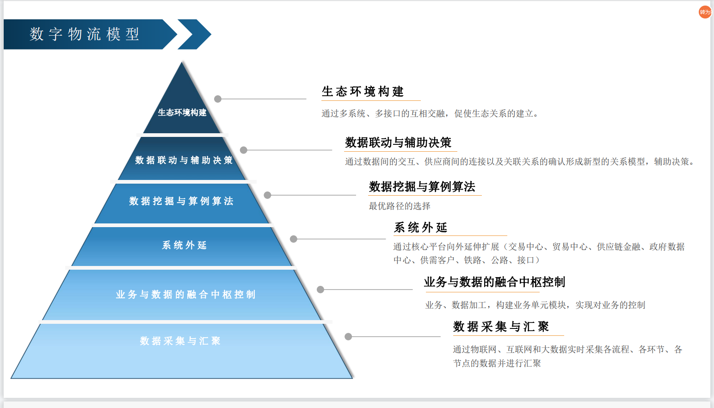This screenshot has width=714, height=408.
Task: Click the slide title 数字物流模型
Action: pyautogui.click(x=85, y=34)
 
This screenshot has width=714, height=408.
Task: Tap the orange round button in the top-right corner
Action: pyautogui.click(x=705, y=12)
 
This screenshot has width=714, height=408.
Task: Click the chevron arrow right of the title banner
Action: pyautogui.click(x=195, y=34)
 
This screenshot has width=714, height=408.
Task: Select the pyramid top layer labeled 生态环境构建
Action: pyautogui.click(x=182, y=112)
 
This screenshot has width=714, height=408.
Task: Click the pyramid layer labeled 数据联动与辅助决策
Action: pyautogui.click(x=184, y=160)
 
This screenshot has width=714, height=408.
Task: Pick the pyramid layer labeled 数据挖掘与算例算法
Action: pyautogui.click(x=181, y=201)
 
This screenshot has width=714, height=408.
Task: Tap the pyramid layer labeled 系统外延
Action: pyautogui.click(x=184, y=245)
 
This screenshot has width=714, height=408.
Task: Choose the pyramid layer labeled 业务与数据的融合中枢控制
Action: pyautogui.click(x=185, y=295)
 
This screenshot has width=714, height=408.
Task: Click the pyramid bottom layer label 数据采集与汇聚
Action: pyautogui.click(x=180, y=341)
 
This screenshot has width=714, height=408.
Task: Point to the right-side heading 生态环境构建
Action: pyautogui.click(x=363, y=92)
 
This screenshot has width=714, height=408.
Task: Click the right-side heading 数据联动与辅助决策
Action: pyautogui.click(x=398, y=142)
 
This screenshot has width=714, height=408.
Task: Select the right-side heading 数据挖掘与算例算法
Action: pyautogui.click(x=422, y=186)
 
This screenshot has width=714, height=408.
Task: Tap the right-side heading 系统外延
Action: pyautogui.click(x=421, y=228)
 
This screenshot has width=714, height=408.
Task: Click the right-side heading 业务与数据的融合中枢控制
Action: pyautogui.click(x=494, y=282)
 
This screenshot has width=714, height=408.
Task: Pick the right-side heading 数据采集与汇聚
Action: pyautogui.click(x=501, y=327)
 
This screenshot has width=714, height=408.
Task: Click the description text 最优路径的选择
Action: pyautogui.click(x=400, y=206)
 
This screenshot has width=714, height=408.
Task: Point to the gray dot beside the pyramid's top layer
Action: pyautogui.click(x=218, y=99)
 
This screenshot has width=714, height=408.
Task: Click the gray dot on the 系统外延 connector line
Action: pyautogui.click(x=293, y=239)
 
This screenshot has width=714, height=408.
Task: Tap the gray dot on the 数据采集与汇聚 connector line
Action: pyautogui.click(x=348, y=337)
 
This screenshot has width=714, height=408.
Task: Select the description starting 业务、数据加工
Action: pyautogui.click(x=535, y=305)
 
